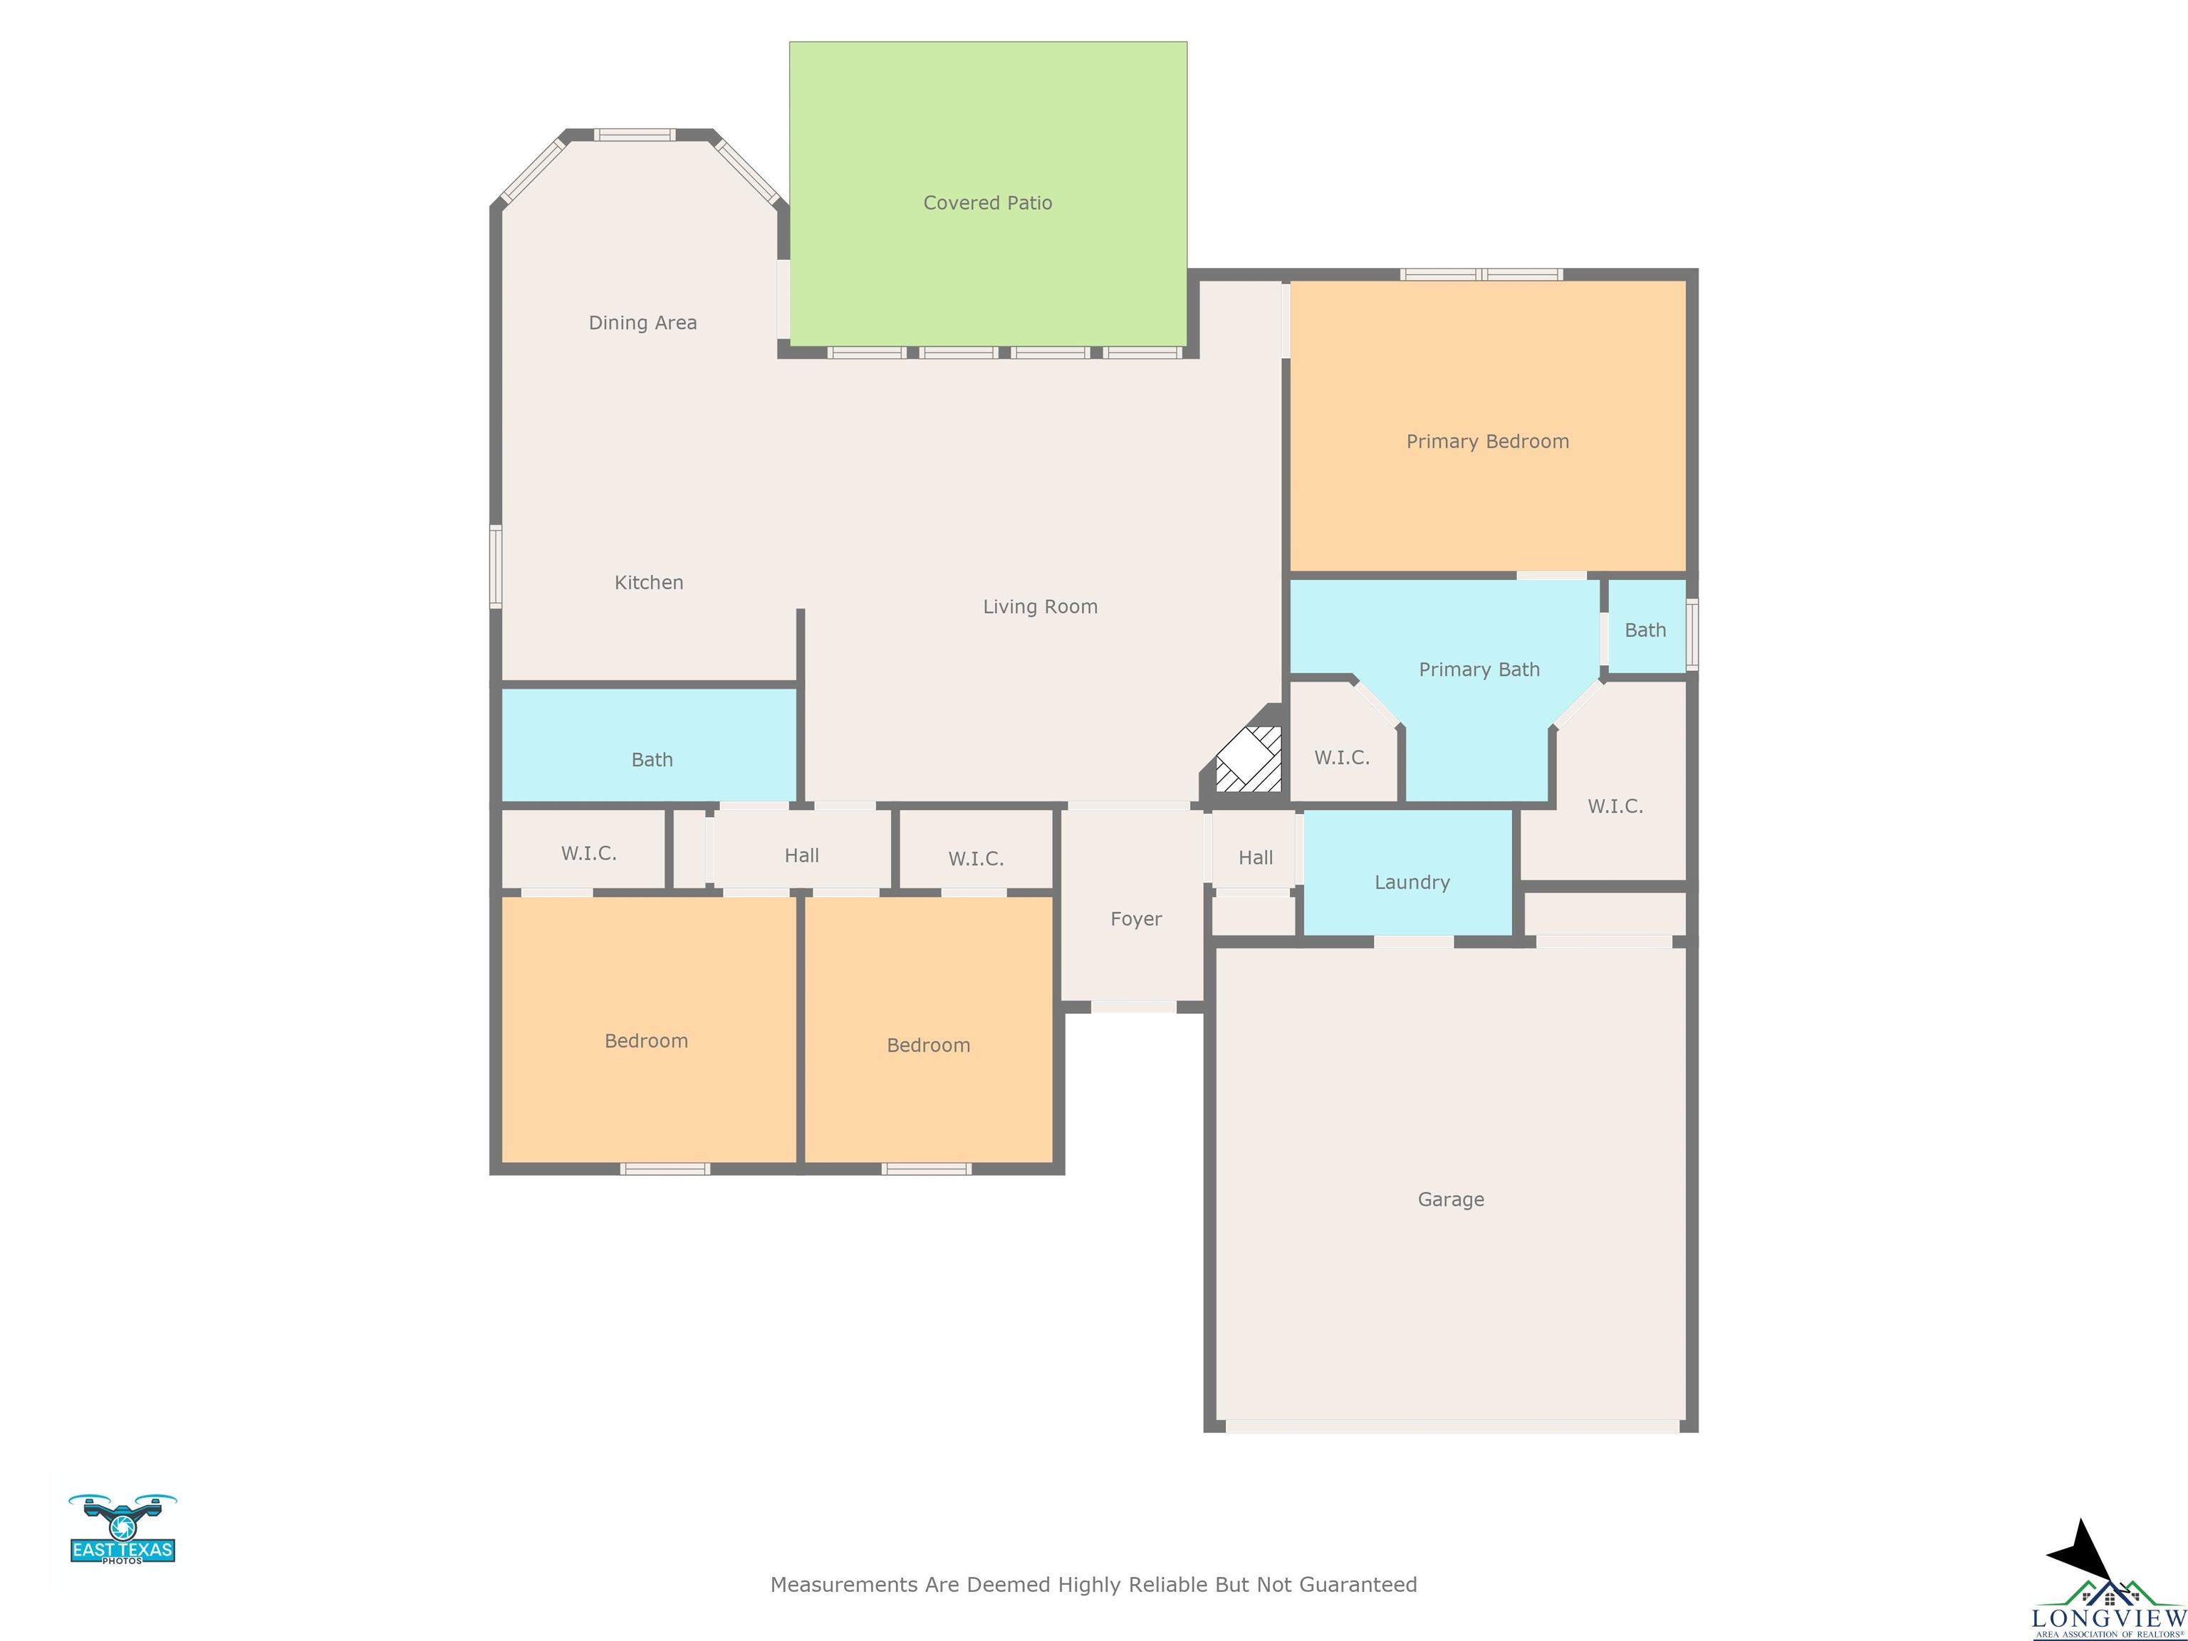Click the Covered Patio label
[x=987, y=203]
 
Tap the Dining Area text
[x=643, y=323]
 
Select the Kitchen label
[x=649, y=583]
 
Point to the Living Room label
[x=1040, y=606]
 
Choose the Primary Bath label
[x=1479, y=670]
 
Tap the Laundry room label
[x=1412, y=882]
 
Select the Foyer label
[x=1135, y=919]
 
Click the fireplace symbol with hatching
[x=1249, y=759]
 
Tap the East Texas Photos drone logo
[x=123, y=1528]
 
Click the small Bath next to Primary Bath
[x=1645, y=630]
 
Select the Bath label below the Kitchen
[x=652, y=760]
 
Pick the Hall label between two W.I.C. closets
[x=801, y=855]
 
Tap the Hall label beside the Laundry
[x=1255, y=858]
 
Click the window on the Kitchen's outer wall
[x=496, y=566]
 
